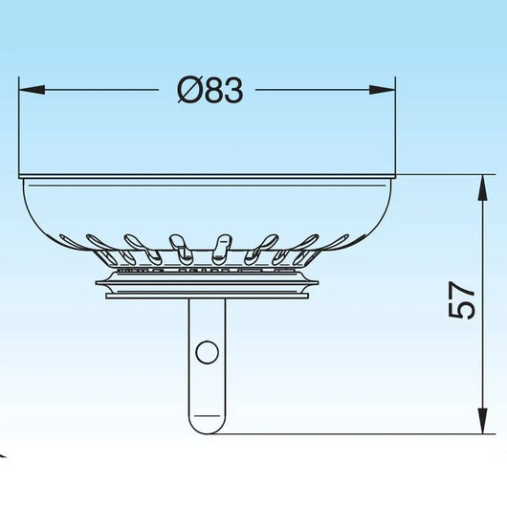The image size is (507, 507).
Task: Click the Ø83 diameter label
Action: (x=210, y=90)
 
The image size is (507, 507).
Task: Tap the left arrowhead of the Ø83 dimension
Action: (x=32, y=90)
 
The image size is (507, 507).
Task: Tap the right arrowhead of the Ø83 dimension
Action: (x=383, y=90)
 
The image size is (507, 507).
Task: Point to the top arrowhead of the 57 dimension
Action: (x=483, y=187)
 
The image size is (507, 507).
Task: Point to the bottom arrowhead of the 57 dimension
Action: (x=483, y=421)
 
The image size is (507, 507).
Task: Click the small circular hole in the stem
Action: (x=207, y=352)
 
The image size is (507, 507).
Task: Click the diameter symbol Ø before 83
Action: (x=188, y=91)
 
